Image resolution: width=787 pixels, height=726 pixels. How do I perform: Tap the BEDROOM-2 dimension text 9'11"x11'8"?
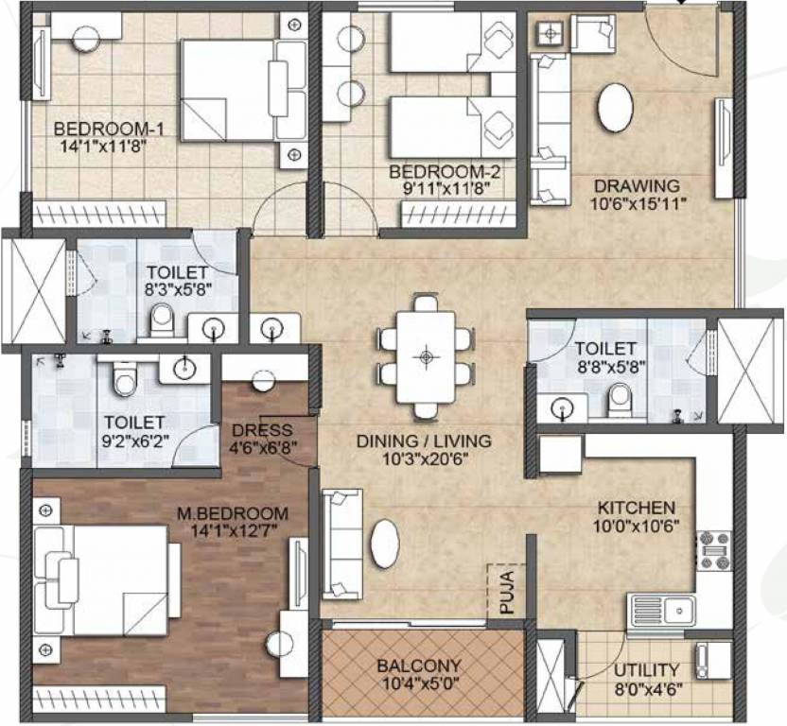[444, 190]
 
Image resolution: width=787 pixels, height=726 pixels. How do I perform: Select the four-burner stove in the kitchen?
[713, 548]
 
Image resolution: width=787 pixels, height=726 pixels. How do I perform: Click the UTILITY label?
[648, 669]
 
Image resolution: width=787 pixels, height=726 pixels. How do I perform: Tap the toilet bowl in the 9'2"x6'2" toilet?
[122, 380]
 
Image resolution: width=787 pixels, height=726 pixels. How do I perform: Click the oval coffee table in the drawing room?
[615, 107]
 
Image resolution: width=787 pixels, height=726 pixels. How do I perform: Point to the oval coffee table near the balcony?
[385, 544]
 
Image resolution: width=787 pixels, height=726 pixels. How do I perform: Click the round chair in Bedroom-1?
[86, 38]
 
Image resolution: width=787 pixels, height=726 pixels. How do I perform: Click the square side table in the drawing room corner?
[550, 34]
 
